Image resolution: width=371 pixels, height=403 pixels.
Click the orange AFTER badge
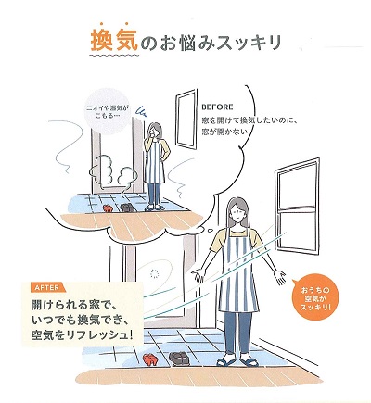pos(43,286)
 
